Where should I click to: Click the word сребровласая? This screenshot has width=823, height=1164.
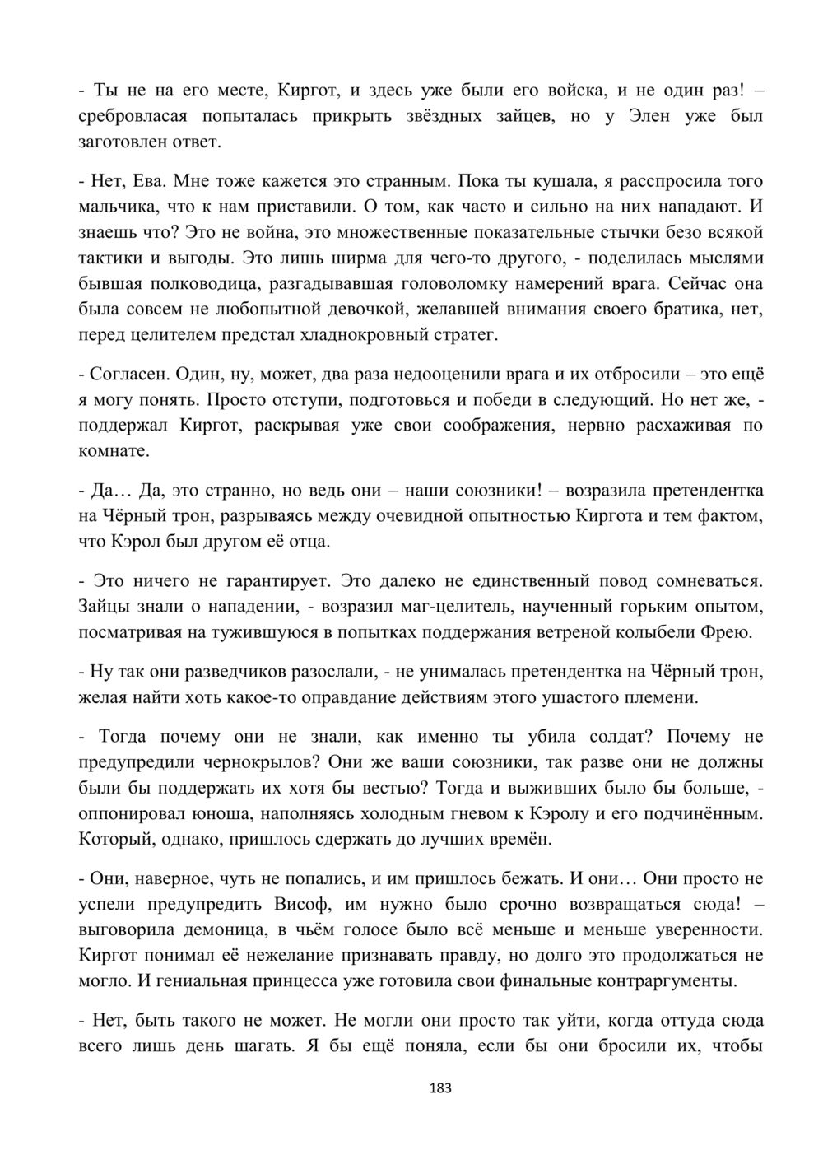click(133, 116)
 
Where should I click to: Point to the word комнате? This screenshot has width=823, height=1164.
click(114, 451)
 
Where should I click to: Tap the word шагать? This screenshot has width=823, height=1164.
click(264, 1046)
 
